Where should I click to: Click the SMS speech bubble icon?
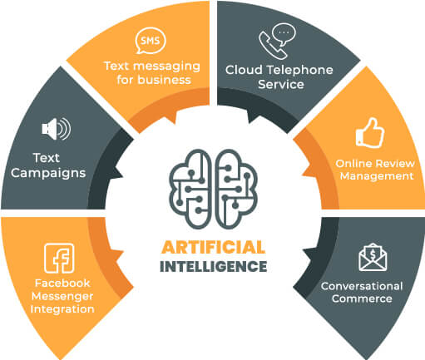(151, 41)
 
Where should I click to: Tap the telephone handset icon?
(272, 46)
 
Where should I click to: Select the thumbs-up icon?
(370, 133)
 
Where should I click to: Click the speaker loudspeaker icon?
(57, 129)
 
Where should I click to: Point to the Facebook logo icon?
(59, 258)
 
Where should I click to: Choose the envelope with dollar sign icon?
(373, 257)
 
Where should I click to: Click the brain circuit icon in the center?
(213, 189)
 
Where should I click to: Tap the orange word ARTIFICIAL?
(213, 247)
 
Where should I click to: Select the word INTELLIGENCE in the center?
(214, 266)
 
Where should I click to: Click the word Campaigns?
(48, 174)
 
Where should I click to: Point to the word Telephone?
(300, 70)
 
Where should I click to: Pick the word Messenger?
(62, 297)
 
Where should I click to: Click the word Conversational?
(362, 286)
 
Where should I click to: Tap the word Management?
(377, 176)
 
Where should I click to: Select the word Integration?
(62, 309)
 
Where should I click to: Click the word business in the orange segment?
(165, 80)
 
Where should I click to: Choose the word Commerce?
(362, 298)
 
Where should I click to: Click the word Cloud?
(244, 70)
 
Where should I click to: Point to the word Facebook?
(62, 284)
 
